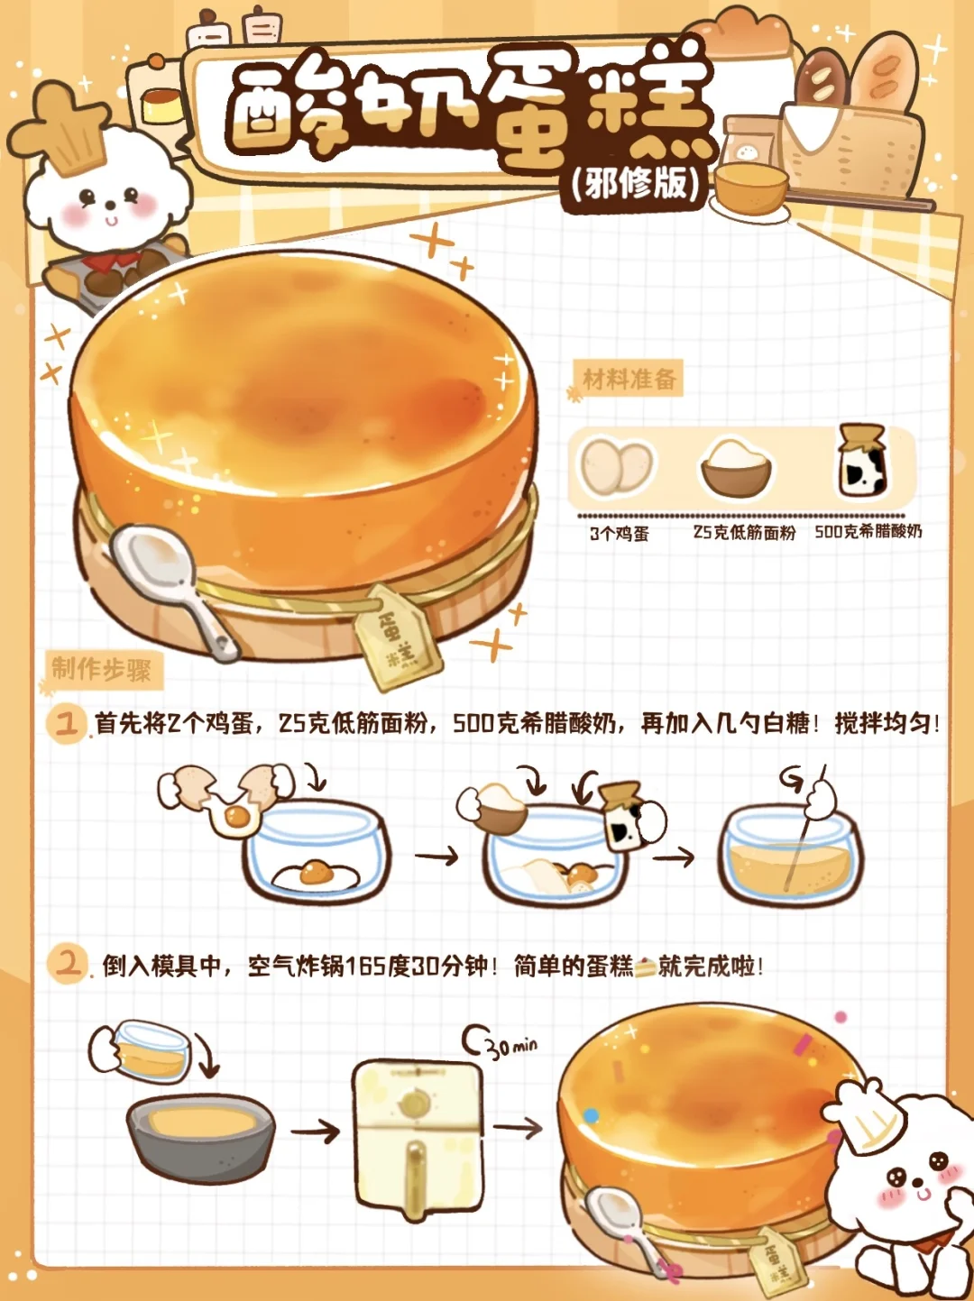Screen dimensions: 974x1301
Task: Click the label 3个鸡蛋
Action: [619, 534]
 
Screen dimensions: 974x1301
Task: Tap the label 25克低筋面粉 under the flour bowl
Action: [745, 532]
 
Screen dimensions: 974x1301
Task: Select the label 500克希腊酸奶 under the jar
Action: [868, 531]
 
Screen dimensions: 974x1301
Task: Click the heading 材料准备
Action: [629, 379]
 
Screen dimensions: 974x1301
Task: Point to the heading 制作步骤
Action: [101, 670]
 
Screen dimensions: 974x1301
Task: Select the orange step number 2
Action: [67, 964]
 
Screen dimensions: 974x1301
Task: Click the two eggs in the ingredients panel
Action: [617, 465]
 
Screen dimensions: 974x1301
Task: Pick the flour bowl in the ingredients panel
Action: [736, 468]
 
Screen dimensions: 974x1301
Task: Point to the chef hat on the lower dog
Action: [861, 1113]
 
